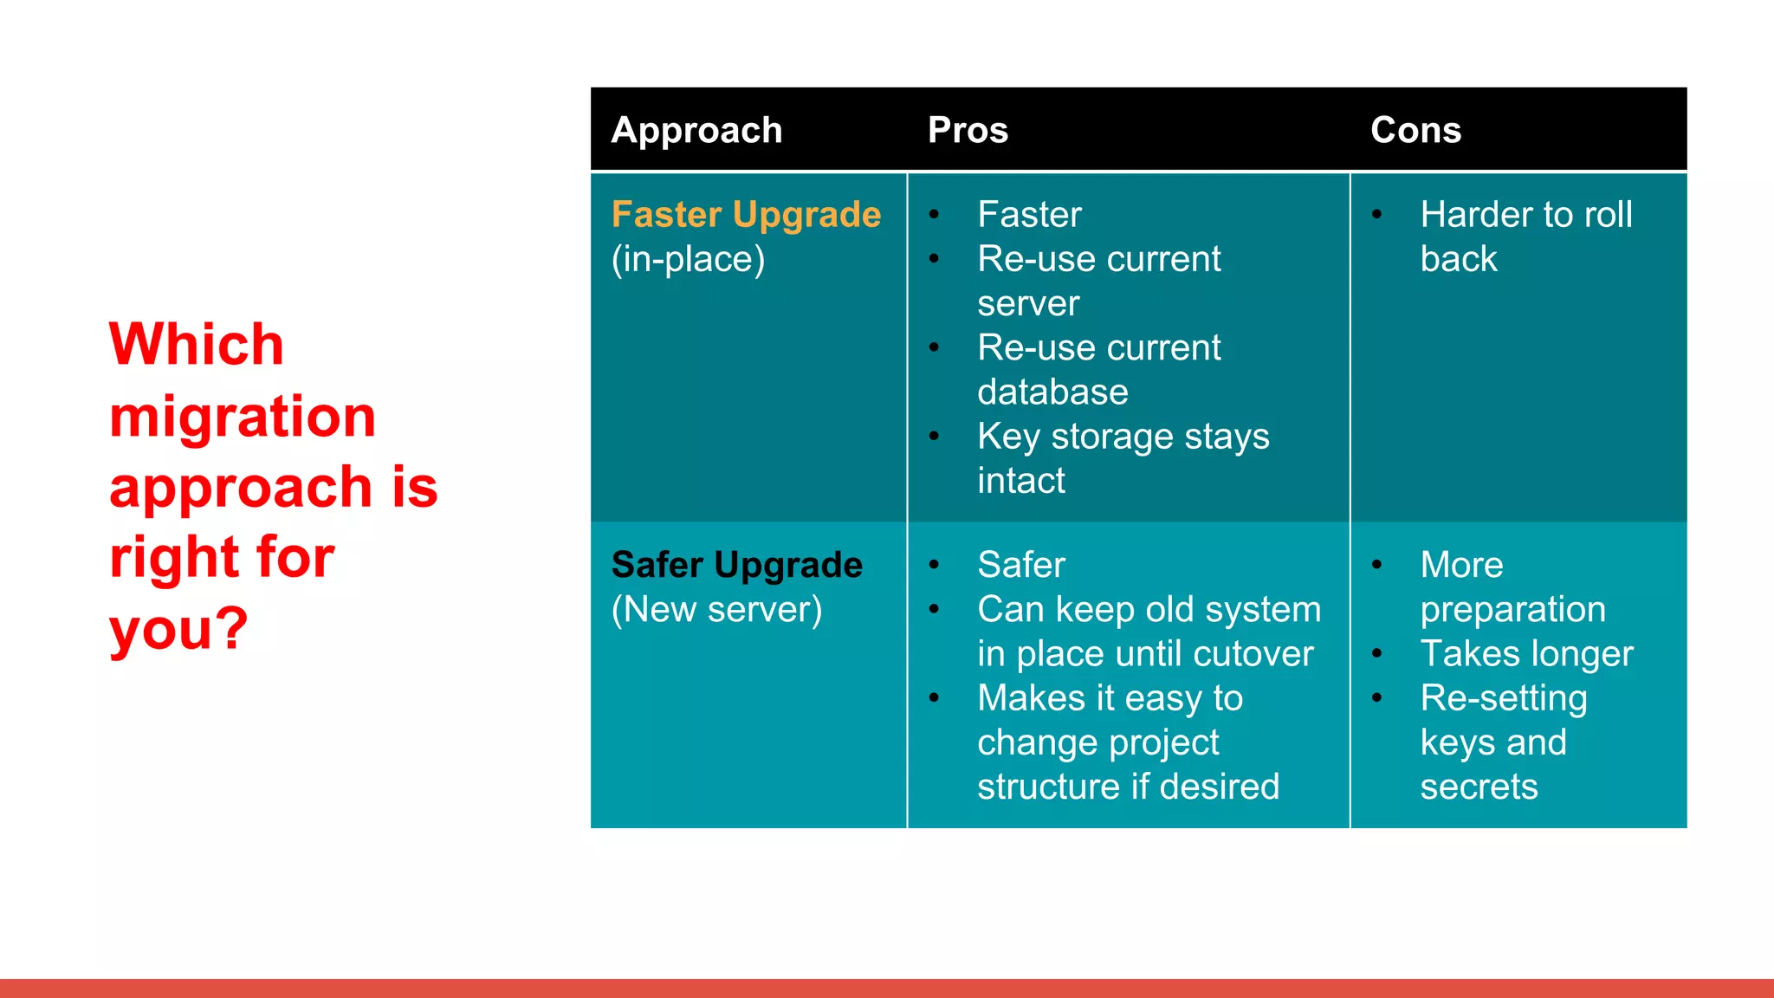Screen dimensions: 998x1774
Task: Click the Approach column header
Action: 696,131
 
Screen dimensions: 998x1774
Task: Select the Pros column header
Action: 968,131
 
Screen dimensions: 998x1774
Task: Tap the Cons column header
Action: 1415,131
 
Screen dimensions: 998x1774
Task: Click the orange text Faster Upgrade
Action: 746,215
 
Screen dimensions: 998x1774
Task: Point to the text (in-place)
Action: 688,259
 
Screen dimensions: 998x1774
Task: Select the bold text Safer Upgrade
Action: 736,565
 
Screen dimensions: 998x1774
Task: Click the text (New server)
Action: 716,609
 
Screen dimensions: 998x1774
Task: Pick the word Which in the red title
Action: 197,345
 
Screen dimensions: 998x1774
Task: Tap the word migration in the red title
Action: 243,417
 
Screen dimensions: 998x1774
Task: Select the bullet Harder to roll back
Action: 1525,236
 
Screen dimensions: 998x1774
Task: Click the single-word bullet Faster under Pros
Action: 1029,215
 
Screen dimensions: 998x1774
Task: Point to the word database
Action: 1052,392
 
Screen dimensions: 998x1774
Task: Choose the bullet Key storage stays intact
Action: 1123,457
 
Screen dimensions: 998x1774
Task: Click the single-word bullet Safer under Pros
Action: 1020,565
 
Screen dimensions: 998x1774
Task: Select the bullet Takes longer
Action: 1526,654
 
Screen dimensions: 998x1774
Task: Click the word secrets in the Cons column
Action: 1479,787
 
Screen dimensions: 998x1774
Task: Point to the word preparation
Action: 1512,609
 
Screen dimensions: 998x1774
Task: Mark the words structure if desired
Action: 1128,787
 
